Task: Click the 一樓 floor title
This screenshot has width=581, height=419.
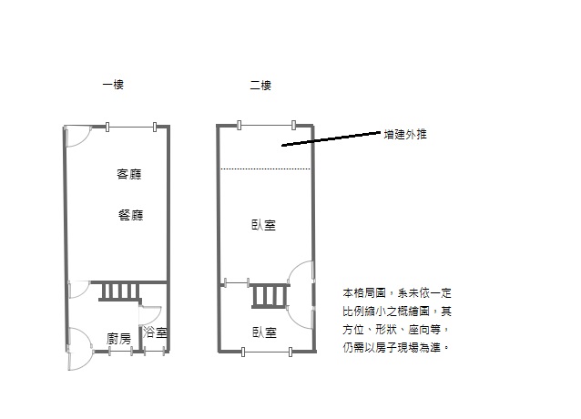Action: [x=113, y=85]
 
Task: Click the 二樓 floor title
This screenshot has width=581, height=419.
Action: [x=260, y=86]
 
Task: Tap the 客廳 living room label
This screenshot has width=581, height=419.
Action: [x=129, y=174]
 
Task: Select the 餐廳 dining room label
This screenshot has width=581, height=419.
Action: [x=131, y=215]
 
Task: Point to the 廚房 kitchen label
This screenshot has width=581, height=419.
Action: [x=118, y=338]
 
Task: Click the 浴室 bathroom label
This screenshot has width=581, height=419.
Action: [x=155, y=332]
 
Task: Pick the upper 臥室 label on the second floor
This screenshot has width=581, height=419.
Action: [x=264, y=225]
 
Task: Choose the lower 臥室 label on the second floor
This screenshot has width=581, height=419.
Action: [x=265, y=332]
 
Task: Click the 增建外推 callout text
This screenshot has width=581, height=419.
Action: [x=405, y=134]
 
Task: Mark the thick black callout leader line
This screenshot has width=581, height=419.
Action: [x=331, y=138]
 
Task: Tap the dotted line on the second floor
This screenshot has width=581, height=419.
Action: [x=265, y=169]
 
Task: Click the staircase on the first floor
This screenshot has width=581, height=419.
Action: [x=120, y=291]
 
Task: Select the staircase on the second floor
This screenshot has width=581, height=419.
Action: [x=270, y=296]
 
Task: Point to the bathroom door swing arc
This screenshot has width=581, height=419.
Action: [x=158, y=317]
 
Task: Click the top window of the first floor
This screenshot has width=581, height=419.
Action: [x=131, y=127]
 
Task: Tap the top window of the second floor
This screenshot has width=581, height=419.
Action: [x=267, y=125]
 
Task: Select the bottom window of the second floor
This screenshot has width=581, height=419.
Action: [x=267, y=352]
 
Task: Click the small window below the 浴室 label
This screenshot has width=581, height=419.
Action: [x=154, y=352]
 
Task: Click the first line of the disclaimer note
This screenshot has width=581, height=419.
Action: [x=397, y=293]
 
